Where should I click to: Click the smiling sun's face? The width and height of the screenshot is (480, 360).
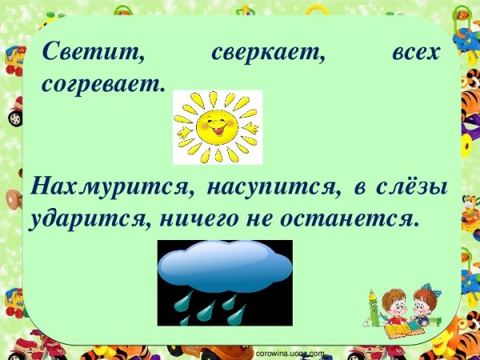point(217,126)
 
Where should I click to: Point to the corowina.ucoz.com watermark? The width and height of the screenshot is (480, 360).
point(288,353)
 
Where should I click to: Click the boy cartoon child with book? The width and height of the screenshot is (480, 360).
point(394,308)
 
